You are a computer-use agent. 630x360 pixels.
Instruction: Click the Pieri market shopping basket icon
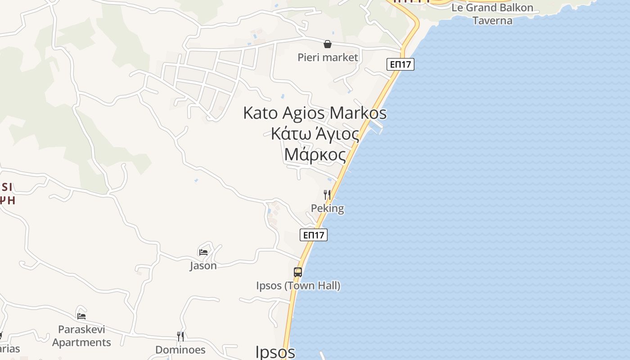coord(328,44)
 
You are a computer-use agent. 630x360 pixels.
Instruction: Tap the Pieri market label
coord(328,57)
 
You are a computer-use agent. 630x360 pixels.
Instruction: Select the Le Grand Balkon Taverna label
coord(492,14)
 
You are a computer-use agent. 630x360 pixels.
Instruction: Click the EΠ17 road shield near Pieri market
coord(400,64)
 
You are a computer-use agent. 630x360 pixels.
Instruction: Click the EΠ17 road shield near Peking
coord(314,235)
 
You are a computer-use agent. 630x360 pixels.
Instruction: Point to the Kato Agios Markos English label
coord(315,112)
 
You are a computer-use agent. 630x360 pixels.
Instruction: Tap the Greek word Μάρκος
coord(315,155)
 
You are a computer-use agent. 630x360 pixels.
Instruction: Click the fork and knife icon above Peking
coord(327,195)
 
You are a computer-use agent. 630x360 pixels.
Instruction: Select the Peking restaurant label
coord(327,208)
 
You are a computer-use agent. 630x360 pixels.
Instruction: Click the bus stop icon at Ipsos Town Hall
coord(298,272)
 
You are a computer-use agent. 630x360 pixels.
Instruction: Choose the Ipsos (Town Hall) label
coord(298,286)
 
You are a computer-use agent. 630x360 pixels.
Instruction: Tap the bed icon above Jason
coord(203,252)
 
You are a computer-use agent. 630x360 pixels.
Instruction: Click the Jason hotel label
coord(203,265)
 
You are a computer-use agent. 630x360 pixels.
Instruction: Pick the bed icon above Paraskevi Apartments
coord(81,316)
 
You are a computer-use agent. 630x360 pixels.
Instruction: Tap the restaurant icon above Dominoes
coord(180,336)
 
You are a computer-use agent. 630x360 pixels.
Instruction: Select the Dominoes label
coord(180,350)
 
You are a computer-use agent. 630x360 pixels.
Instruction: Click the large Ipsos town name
coord(275,352)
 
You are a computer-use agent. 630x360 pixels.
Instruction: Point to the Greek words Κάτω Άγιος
coord(315,134)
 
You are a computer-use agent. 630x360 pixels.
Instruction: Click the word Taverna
coord(492,20)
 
